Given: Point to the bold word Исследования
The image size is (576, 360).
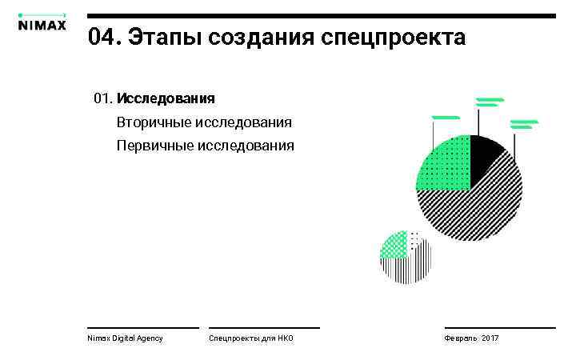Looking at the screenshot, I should tap(166, 99).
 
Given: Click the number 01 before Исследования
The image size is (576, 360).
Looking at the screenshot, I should tap(102, 99).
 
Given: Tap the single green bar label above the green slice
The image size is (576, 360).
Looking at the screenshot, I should tap(445, 118).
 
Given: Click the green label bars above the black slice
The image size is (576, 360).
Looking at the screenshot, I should tap(489, 102).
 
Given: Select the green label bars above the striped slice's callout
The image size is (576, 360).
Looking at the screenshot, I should tap(524, 124).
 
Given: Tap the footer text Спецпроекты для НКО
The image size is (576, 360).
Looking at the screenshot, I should tap(250, 338).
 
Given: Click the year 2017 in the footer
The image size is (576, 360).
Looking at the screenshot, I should tap(490, 338).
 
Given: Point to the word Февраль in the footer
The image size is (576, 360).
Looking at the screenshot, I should tap(461, 338).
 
